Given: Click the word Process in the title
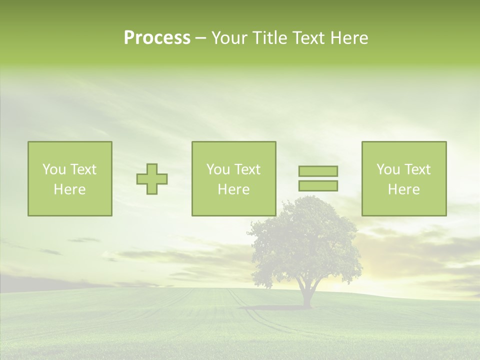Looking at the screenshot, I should click(x=157, y=38).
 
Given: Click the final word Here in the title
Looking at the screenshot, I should click(x=349, y=38).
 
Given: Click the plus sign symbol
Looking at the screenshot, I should click(x=152, y=178).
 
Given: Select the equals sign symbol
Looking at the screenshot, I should click(x=318, y=178).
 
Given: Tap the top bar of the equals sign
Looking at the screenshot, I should click(x=318, y=171).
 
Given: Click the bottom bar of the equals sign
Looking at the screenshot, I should click(x=318, y=186).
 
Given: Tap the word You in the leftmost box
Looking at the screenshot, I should click(x=53, y=169).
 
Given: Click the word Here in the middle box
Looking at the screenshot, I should click(x=233, y=189).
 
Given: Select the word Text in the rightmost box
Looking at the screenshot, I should click(x=417, y=169).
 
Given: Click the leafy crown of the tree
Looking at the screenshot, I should click(x=305, y=240).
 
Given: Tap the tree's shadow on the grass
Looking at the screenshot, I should click(x=280, y=307).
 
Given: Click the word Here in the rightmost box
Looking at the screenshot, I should click(x=403, y=189).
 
